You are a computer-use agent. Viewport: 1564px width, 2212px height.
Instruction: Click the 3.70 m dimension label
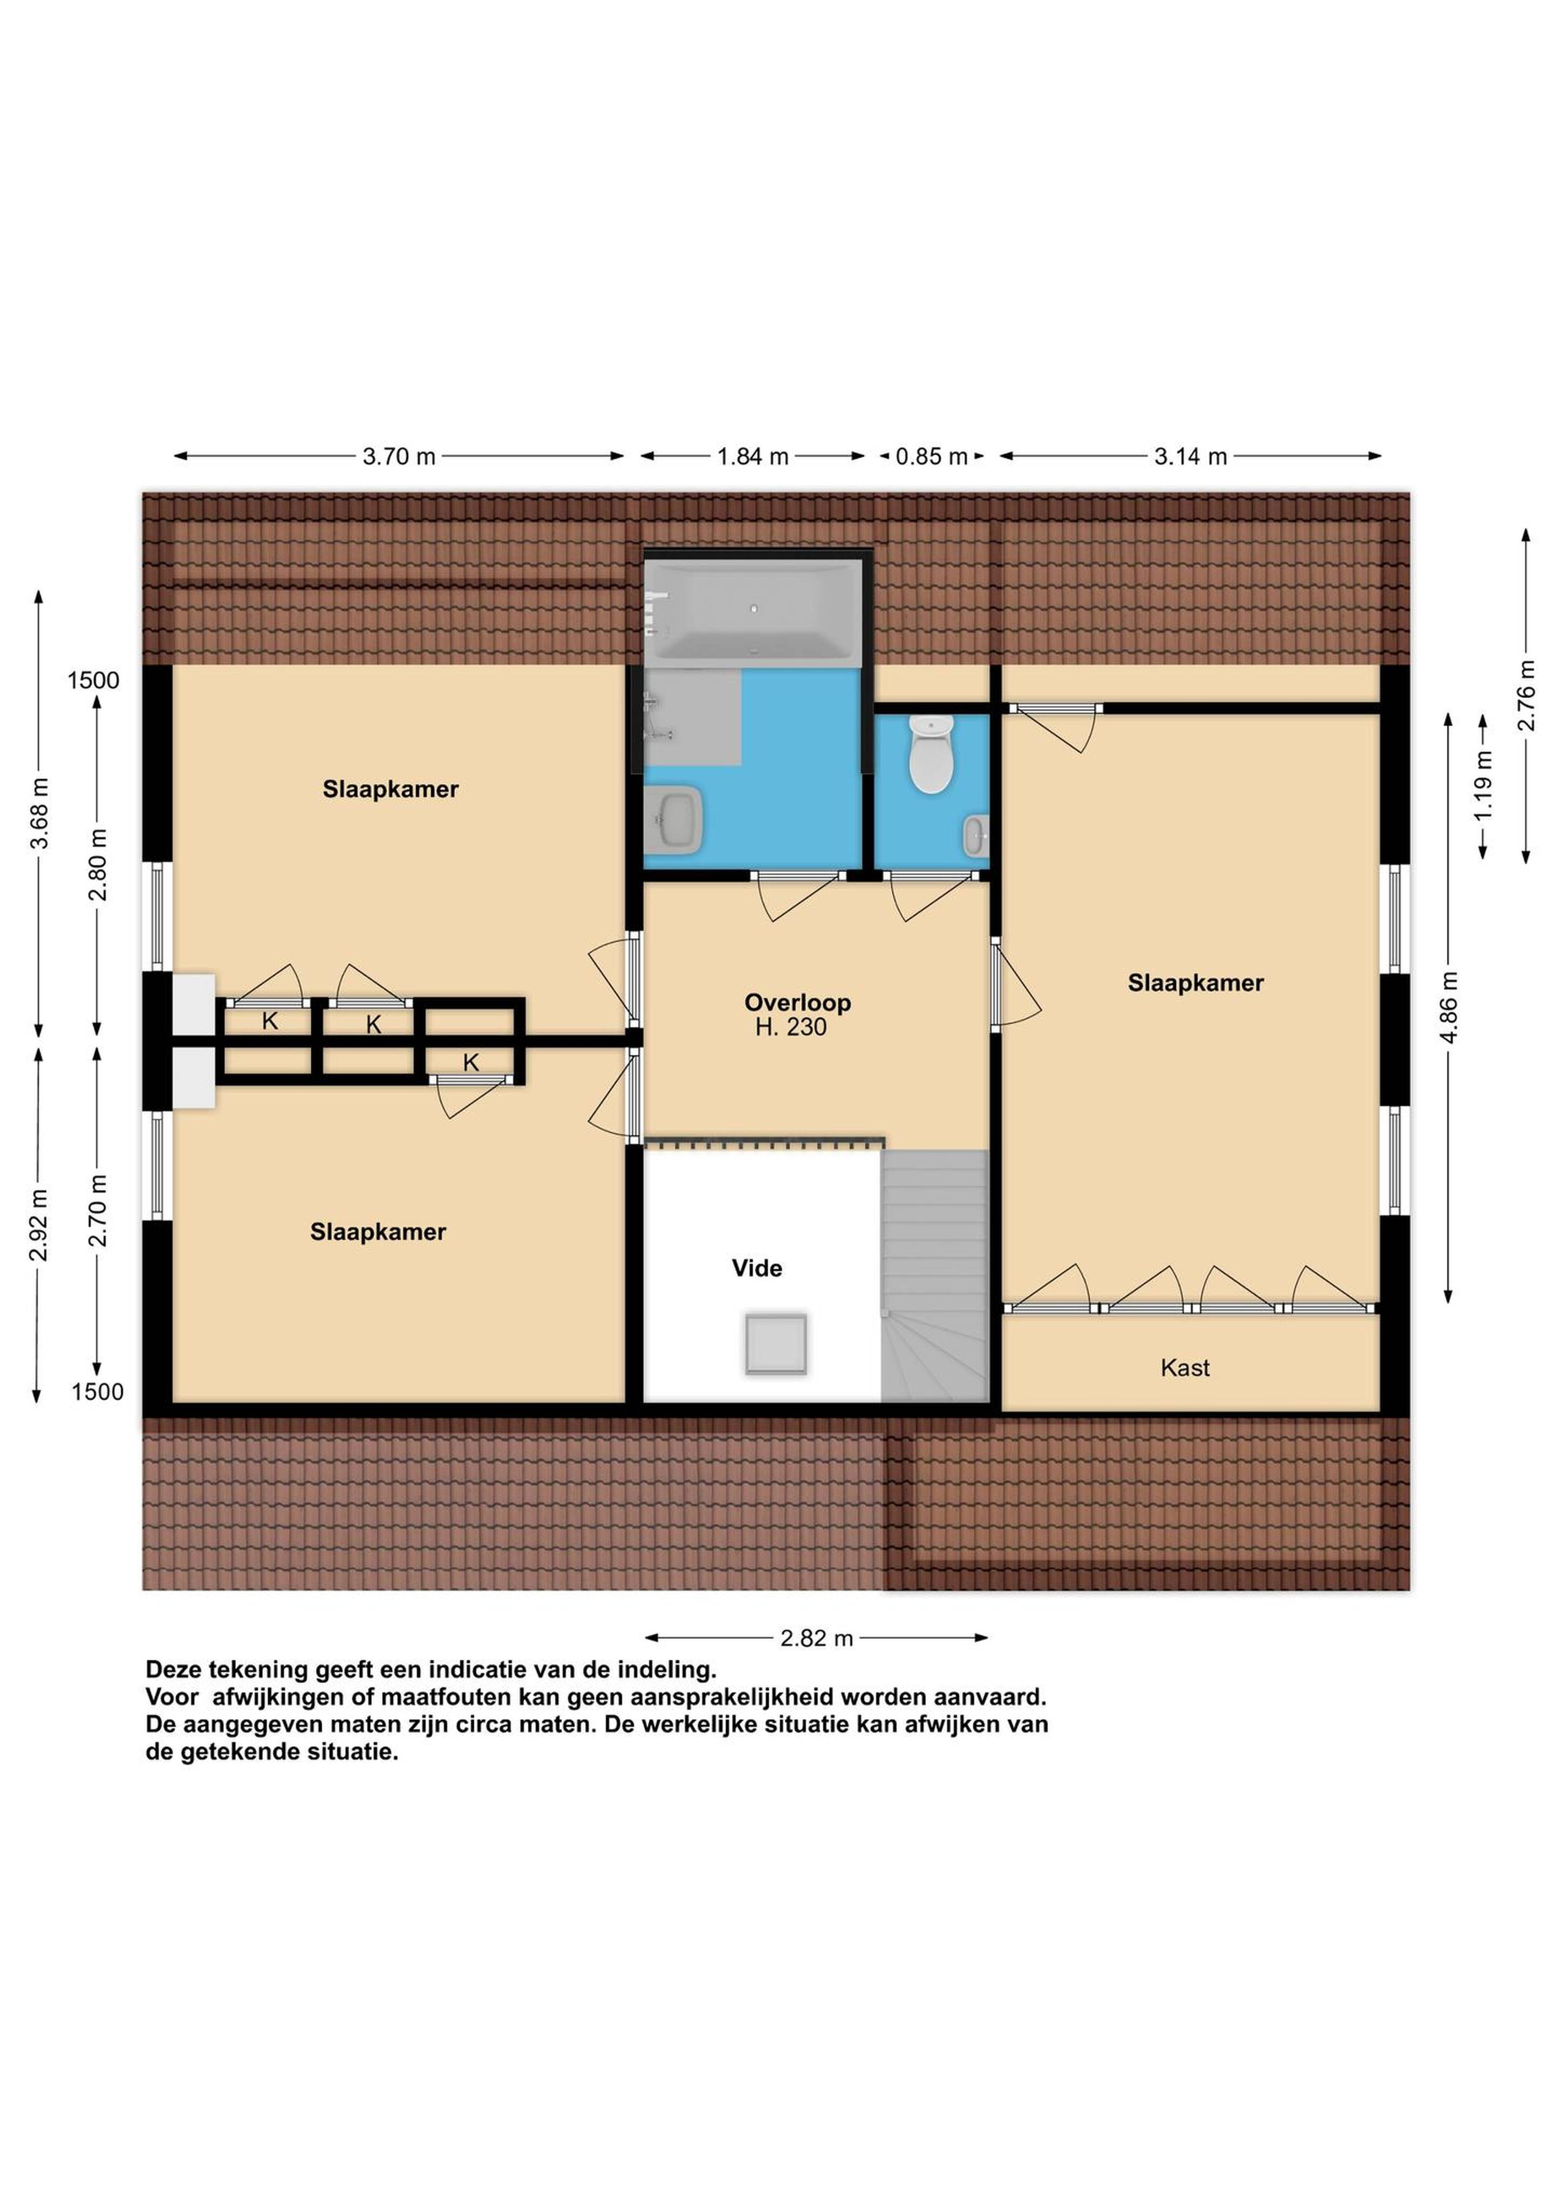click(399, 457)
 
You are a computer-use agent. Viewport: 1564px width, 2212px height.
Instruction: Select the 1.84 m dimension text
click(753, 457)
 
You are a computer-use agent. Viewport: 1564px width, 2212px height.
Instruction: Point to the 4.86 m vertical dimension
click(1448, 1008)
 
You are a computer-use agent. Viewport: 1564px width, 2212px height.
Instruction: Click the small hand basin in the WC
click(975, 835)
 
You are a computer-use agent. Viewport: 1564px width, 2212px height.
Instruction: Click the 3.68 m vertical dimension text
click(40, 814)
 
